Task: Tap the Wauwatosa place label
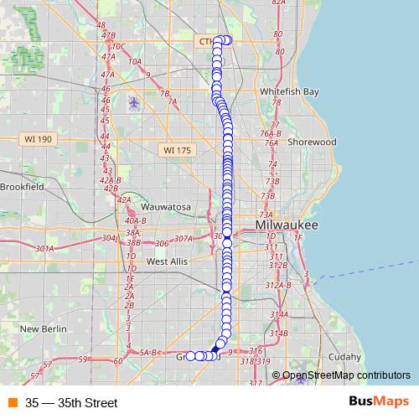[166, 206]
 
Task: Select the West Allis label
[167, 261]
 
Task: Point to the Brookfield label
[22, 187]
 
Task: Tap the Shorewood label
[312, 142]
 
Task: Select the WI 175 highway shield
[177, 150]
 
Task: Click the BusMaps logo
[379, 402]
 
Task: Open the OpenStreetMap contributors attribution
[346, 375]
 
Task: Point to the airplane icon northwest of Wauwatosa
[134, 102]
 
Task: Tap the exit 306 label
[163, 244]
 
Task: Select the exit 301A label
[44, 249]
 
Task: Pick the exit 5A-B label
[148, 354]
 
